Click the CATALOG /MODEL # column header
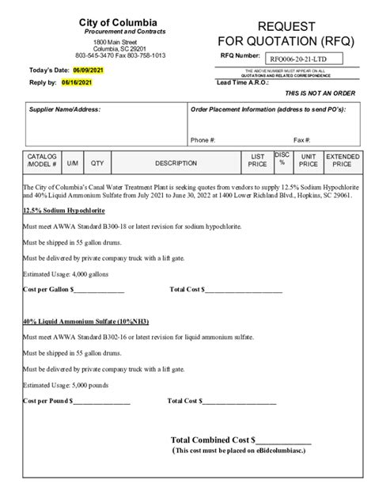tap(42, 161)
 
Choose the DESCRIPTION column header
tap(176, 163)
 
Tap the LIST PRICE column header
tap(257, 161)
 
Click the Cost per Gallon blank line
tap(98, 289)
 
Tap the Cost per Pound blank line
tap(97, 402)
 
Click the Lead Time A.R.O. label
tap(243, 82)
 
